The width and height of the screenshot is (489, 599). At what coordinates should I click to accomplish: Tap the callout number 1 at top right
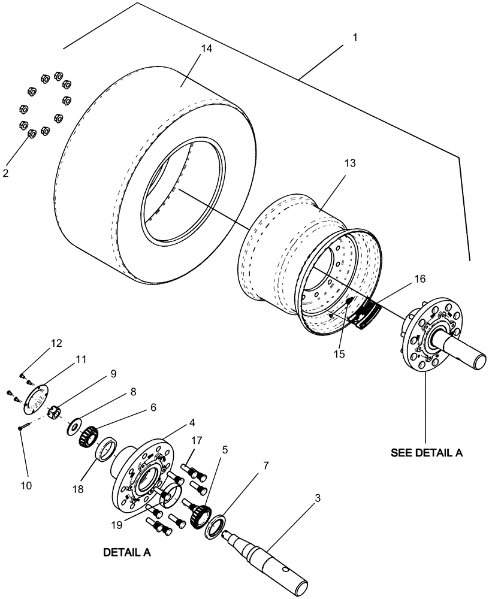pyautogui.click(x=355, y=37)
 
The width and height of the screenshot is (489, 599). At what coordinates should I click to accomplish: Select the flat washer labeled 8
pyautogui.click(x=76, y=425)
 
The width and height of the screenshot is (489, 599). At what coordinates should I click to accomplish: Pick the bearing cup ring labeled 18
pyautogui.click(x=107, y=449)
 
